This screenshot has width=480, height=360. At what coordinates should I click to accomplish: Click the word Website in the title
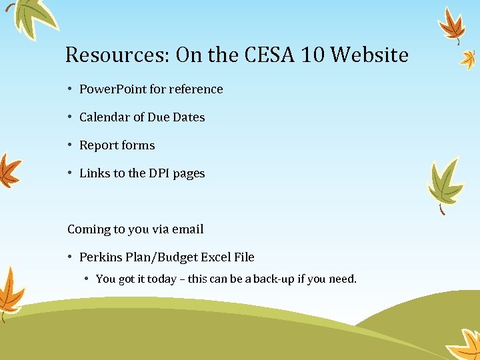click(x=369, y=55)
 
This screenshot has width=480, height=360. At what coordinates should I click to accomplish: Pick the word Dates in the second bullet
click(x=189, y=117)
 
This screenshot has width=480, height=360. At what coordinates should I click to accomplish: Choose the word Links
click(x=95, y=173)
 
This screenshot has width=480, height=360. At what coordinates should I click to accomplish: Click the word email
click(x=187, y=229)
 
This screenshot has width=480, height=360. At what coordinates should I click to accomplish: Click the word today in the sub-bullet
click(x=161, y=279)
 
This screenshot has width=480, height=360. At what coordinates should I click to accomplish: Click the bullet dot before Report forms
click(x=70, y=145)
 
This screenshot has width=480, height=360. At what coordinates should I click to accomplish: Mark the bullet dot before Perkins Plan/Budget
click(x=70, y=257)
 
